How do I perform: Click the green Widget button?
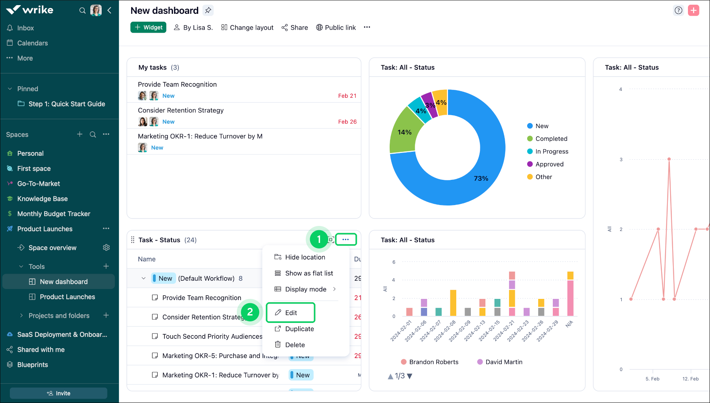tap(148, 27)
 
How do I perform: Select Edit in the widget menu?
tap(291, 313)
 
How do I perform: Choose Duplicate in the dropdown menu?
tap(299, 329)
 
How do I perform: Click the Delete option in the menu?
tap(294, 345)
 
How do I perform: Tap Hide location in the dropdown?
tap(305, 257)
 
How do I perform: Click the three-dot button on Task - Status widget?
tap(346, 240)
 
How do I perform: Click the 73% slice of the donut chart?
tap(473, 185)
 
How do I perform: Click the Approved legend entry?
tap(549, 164)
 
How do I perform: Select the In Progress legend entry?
tap(551, 151)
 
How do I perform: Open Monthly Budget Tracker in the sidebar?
tap(54, 214)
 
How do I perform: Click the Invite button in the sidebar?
tap(58, 393)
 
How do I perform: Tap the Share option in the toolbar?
tap(295, 28)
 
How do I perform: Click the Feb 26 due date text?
tap(347, 122)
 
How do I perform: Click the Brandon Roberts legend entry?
tap(433, 362)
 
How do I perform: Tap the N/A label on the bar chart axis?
tap(569, 324)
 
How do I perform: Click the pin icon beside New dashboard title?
tap(208, 10)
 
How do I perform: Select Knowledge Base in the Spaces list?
tap(42, 199)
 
